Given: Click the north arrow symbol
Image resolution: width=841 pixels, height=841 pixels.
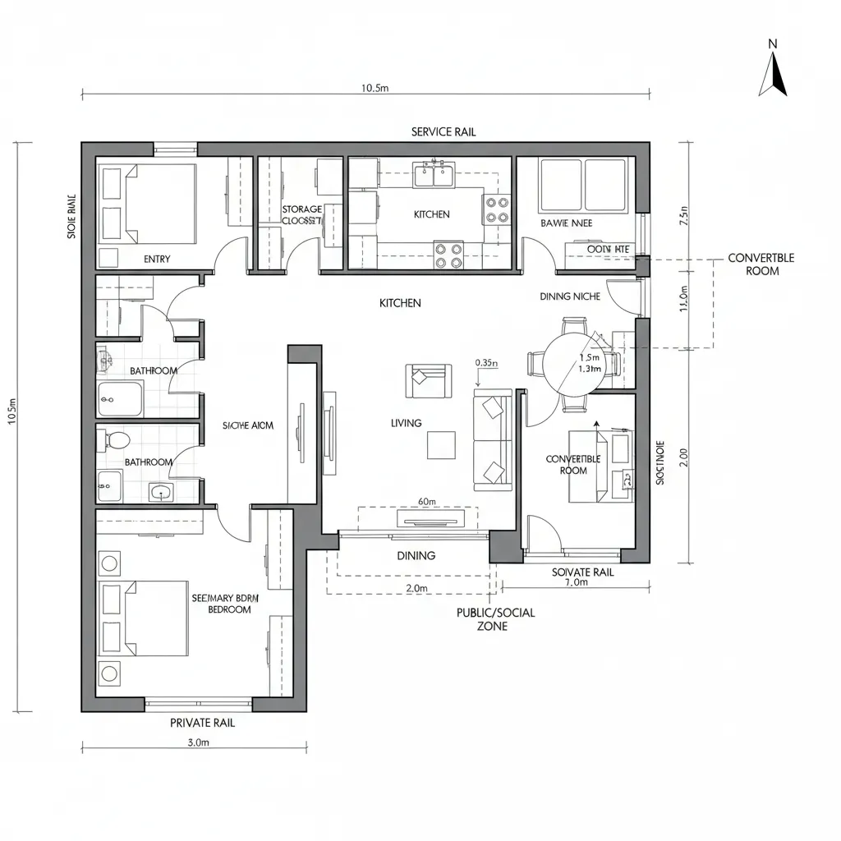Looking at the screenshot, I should click(773, 74).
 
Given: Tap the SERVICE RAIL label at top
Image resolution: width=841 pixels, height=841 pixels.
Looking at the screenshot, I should click(443, 131).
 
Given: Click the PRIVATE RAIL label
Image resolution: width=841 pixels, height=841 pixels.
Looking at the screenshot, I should click(202, 723).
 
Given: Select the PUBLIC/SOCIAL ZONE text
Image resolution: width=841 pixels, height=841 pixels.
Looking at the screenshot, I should click(495, 619).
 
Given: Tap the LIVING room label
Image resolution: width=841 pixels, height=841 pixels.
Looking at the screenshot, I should click(407, 423).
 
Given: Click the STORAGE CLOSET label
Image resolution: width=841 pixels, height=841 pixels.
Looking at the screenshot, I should click(301, 215).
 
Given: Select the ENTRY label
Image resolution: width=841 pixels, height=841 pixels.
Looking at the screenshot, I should click(157, 259).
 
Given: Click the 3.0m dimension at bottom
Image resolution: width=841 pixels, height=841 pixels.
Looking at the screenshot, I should click(199, 742).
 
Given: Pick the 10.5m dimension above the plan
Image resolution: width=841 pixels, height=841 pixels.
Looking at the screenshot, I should click(375, 89).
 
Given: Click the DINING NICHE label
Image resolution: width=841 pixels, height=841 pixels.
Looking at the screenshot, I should click(570, 296).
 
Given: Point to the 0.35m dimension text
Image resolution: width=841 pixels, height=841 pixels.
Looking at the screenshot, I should click(487, 362).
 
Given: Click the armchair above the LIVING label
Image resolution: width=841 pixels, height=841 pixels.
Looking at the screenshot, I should click(427, 379).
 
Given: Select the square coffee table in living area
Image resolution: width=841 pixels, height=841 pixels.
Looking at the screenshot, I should click(441, 445).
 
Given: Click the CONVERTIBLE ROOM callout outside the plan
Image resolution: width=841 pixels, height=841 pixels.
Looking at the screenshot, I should click(761, 264).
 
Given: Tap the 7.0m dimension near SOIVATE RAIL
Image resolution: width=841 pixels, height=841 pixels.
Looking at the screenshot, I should click(577, 582).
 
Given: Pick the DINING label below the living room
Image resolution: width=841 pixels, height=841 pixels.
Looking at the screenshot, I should click(416, 556).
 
